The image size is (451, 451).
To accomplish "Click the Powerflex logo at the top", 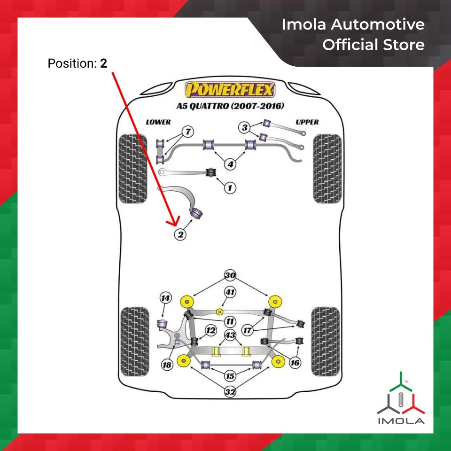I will [x=230, y=89].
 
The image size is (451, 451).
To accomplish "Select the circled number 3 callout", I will [x=244, y=127].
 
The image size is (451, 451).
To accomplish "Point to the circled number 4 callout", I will [x=230, y=164].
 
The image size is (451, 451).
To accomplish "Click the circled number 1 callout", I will [x=230, y=188].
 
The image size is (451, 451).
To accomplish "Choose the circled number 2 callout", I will [x=180, y=233].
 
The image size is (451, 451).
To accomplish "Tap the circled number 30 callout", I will [x=230, y=275].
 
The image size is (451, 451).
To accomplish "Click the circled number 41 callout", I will [x=230, y=292].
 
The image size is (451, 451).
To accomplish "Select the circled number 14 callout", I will [x=165, y=298].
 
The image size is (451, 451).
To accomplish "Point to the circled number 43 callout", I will [x=230, y=335].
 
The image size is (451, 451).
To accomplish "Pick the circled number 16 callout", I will [x=295, y=363].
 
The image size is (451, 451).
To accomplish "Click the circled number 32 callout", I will [x=230, y=391].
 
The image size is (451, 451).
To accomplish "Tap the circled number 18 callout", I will [x=166, y=365].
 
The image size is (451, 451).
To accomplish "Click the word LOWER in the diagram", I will [x=158, y=122].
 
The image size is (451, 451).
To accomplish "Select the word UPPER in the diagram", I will [x=307, y=122].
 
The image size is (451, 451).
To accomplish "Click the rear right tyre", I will [x=325, y=341].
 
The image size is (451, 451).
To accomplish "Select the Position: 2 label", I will [x=78, y=63].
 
